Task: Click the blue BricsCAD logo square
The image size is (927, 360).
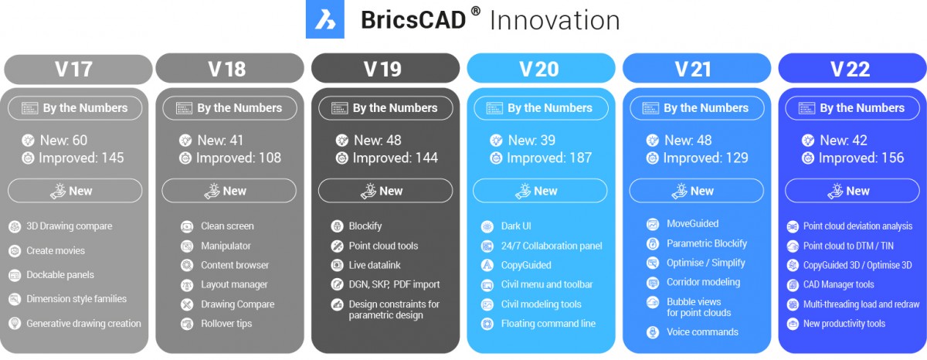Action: [325, 19]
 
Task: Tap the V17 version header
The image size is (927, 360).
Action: [78, 69]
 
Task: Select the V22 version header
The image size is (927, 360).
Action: [852, 68]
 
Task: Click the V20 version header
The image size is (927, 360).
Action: [541, 68]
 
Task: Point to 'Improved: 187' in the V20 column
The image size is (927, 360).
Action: [549, 158]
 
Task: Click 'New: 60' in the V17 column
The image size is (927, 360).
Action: [63, 141]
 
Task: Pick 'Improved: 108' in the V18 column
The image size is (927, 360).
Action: [239, 158]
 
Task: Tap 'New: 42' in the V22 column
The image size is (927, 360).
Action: [844, 141]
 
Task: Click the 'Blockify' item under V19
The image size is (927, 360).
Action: [365, 226]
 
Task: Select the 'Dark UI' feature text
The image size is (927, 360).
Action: [516, 226]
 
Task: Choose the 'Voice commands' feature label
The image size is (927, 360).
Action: [702, 332]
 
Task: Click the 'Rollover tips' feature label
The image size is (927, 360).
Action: [226, 324]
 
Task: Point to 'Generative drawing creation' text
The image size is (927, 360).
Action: [83, 324]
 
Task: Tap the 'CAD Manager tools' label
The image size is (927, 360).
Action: [838, 285]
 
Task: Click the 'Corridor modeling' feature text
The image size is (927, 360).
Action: [703, 282]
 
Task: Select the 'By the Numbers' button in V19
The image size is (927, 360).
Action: [385, 108]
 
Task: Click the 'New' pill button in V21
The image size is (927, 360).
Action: [697, 191]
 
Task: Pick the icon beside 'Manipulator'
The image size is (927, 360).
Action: [187, 246]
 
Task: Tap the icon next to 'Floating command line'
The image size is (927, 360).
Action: [487, 324]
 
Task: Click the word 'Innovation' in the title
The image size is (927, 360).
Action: [555, 20]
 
